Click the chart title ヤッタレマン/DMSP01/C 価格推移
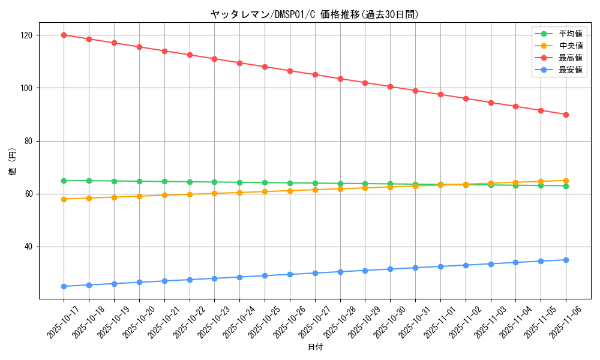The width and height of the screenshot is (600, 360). (314, 14)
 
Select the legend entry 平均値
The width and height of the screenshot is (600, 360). (570, 34)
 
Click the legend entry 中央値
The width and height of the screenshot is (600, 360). (570, 46)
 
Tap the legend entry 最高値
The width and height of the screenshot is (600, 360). (570, 58)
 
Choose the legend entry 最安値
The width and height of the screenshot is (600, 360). (570, 70)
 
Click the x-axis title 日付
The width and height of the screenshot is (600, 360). (315, 347)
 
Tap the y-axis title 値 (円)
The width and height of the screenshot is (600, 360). (13, 163)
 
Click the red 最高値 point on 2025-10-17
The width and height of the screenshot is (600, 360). (64, 35)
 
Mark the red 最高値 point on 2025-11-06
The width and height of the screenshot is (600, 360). (566, 115)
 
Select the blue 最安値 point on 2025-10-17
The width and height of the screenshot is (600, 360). (64, 286)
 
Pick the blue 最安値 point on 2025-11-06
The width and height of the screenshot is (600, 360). (566, 260)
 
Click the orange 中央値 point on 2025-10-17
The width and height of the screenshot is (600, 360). (64, 199)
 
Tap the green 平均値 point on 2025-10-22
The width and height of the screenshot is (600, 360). (190, 182)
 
